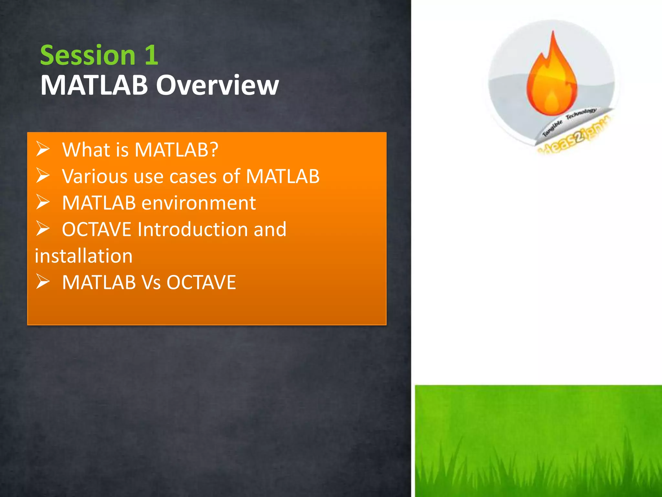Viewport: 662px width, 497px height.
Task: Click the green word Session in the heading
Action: (x=88, y=55)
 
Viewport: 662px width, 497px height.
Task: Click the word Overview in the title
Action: (x=217, y=85)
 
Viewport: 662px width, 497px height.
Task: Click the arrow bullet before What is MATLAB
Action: (x=43, y=149)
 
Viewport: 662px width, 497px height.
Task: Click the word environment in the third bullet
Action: (x=198, y=203)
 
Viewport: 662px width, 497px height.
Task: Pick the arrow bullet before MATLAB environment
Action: (x=43, y=202)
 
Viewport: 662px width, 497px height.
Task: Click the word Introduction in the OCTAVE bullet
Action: (x=193, y=229)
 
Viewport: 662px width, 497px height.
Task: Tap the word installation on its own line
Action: (x=84, y=256)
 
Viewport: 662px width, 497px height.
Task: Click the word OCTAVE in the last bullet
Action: (x=201, y=282)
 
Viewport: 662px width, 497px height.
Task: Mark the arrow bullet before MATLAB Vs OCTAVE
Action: (x=43, y=282)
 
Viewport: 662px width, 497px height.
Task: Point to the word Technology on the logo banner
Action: (x=581, y=114)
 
